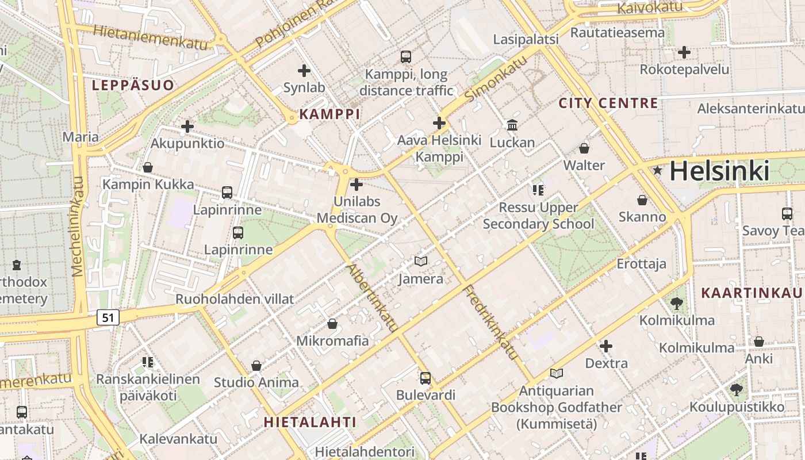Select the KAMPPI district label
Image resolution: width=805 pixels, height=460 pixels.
pos(329,114)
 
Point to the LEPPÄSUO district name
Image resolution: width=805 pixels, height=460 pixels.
pos(133,86)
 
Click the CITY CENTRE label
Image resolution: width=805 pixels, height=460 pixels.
pos(608,103)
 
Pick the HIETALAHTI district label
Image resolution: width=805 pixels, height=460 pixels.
pos(310,421)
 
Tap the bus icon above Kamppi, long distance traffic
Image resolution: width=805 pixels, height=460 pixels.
pos(406,57)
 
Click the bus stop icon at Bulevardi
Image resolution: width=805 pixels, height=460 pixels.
pos(425,378)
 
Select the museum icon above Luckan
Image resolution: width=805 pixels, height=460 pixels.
pos(512,125)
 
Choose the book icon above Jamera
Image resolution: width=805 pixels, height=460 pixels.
pos(421,262)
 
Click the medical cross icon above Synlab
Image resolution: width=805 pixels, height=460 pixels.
pos(304,71)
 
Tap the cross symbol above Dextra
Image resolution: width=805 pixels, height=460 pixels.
pos(606,346)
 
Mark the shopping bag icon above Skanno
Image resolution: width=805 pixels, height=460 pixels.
pos(642,200)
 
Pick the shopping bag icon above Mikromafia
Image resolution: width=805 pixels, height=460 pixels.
pos(332,324)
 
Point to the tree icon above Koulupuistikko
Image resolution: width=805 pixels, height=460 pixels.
pos(736,390)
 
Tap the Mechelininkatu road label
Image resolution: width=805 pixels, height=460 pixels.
pos(78,227)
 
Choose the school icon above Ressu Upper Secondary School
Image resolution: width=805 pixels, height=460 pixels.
pos(538,190)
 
